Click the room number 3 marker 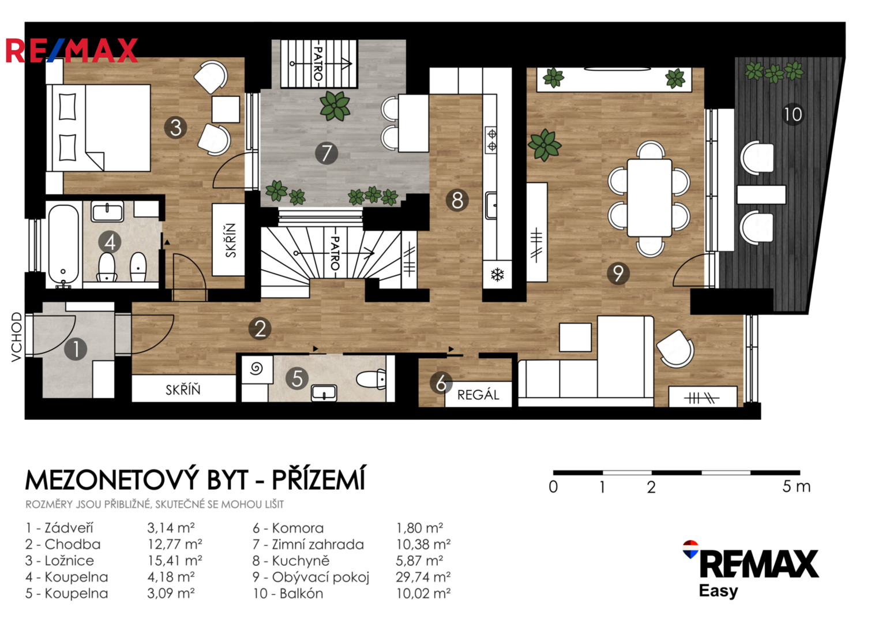point(175,127)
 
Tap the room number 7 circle point(326,153)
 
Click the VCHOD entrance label point(16,337)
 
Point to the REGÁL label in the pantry point(478,395)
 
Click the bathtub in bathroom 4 point(63,246)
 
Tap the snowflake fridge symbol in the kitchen point(497,275)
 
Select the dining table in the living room point(650,197)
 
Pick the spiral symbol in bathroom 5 point(256,368)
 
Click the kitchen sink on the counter point(491,205)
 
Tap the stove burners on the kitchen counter point(492,140)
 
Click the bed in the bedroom point(99,128)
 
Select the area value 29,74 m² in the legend point(423,577)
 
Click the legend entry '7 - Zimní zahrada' point(309,545)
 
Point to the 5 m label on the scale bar point(797,486)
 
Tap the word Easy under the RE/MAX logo point(718,591)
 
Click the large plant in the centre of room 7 point(335,106)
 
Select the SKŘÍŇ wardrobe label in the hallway point(183,390)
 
